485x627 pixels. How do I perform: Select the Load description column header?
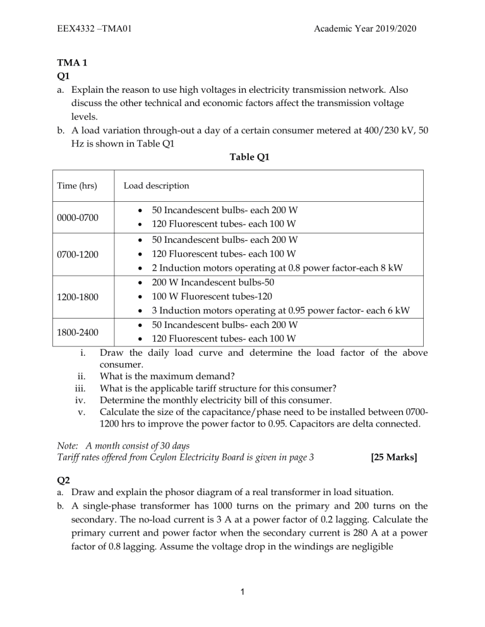pos(156,186)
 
